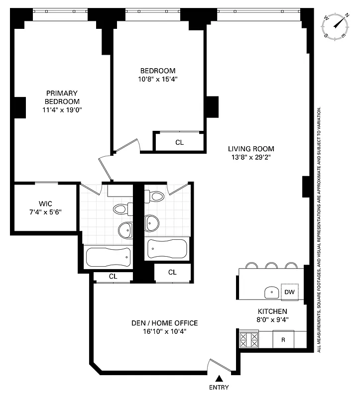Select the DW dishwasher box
pos(289,293)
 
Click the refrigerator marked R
pos(283,340)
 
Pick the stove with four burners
pos(249,340)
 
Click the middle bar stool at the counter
pos(272,265)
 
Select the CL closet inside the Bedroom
pos(179,142)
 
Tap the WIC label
pos(45,203)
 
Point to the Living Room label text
pos(251,149)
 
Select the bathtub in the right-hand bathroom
pos(167,247)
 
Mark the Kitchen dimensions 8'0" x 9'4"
pos(272,319)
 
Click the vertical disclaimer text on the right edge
pos(319,229)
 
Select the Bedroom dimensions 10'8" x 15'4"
pos(157,79)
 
